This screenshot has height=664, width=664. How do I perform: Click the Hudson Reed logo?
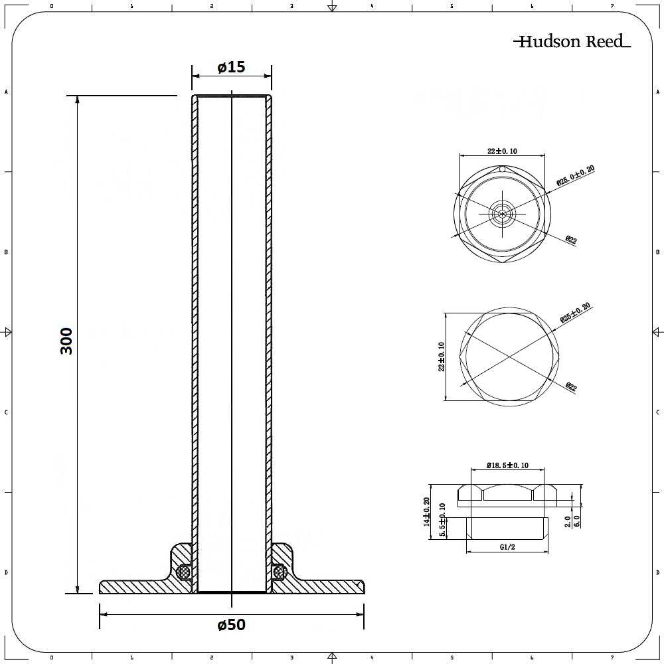click(571, 42)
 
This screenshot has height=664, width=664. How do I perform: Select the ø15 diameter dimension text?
click(231, 67)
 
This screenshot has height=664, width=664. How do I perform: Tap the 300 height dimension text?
click(66, 341)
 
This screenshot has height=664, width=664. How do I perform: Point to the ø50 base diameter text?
click(231, 625)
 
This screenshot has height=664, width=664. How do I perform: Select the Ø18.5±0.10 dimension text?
click(508, 465)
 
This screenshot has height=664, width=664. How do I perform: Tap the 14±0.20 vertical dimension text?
click(427, 512)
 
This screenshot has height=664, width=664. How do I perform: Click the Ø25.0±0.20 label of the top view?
click(574, 175)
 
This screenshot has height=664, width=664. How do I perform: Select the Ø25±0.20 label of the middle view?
click(575, 313)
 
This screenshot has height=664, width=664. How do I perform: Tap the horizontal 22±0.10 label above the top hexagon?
click(503, 151)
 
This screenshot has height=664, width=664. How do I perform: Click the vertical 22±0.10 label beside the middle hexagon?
click(441, 357)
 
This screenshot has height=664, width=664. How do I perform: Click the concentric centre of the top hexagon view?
click(503, 213)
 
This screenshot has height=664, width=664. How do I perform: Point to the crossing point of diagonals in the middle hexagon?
click(508, 357)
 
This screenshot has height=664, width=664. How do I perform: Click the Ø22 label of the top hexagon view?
click(570, 240)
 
